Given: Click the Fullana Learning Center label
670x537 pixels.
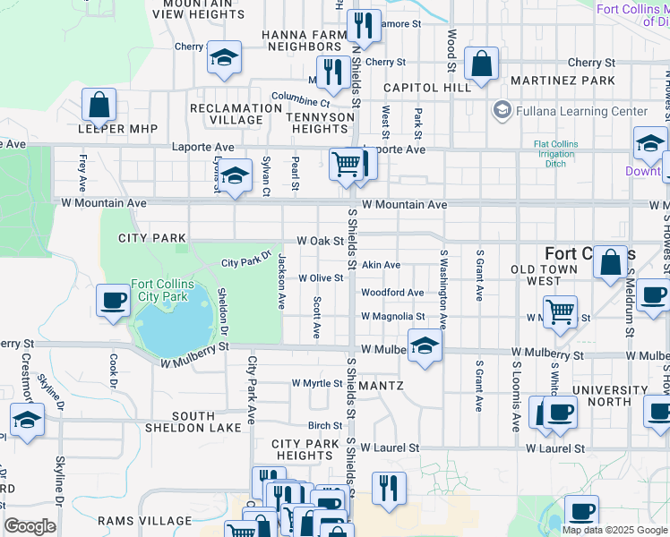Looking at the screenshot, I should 580,111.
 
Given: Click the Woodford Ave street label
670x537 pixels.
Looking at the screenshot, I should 392,293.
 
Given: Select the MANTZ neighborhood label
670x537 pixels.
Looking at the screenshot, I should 382,386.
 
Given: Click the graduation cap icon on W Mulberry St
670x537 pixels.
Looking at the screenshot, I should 425,346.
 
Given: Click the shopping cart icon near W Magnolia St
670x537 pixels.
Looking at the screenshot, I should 560,312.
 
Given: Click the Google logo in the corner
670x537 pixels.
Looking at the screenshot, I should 30,526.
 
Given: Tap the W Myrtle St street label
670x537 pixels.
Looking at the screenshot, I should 317,383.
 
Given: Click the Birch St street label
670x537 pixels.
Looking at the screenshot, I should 325,426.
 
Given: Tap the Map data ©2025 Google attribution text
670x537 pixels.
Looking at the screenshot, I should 614,529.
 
